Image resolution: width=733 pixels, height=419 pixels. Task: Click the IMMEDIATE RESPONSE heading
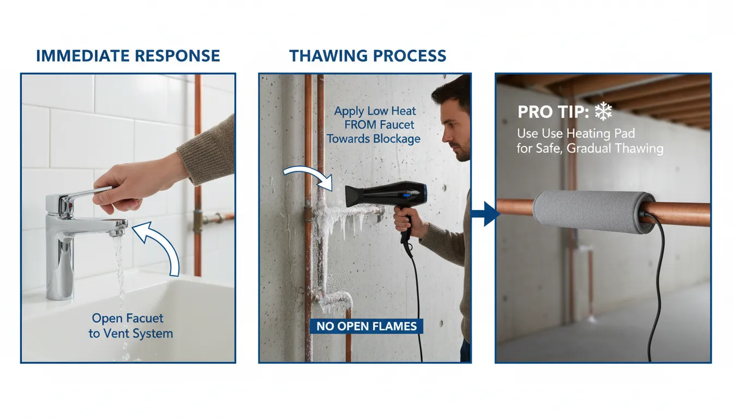128,56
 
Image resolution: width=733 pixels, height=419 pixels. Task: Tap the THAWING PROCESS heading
368,56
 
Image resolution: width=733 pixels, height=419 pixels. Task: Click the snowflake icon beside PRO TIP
603,112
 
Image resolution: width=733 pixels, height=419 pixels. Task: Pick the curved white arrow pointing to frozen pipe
308,177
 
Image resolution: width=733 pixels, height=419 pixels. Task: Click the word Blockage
397,139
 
